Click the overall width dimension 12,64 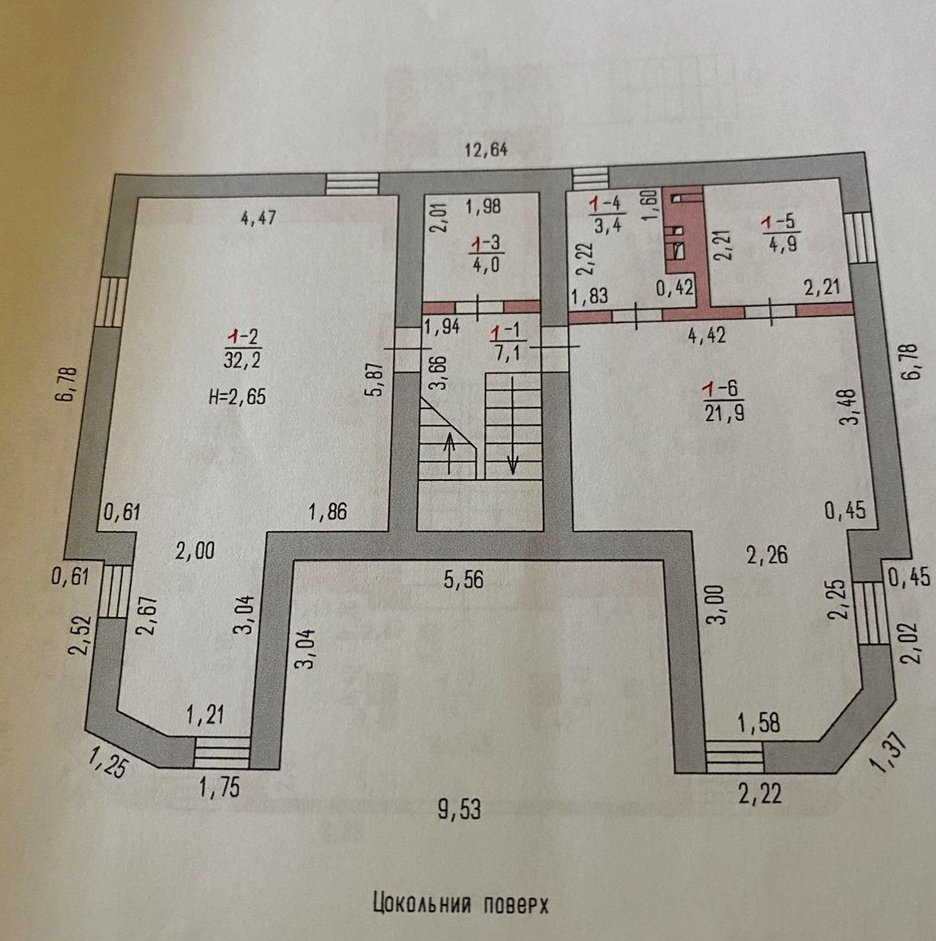(486, 149)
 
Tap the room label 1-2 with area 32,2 (243, 348)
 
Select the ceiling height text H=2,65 (238, 396)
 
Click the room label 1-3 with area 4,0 (486, 254)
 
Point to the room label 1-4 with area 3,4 (608, 215)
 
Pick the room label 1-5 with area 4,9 (781, 233)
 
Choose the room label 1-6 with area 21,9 (724, 401)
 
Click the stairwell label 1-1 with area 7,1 (505, 343)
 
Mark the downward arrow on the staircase (513, 426)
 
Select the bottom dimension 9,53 (459, 809)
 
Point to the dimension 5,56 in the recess (463, 580)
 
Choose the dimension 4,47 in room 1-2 (258, 217)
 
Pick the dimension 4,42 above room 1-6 (706, 335)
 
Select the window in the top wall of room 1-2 (352, 184)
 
